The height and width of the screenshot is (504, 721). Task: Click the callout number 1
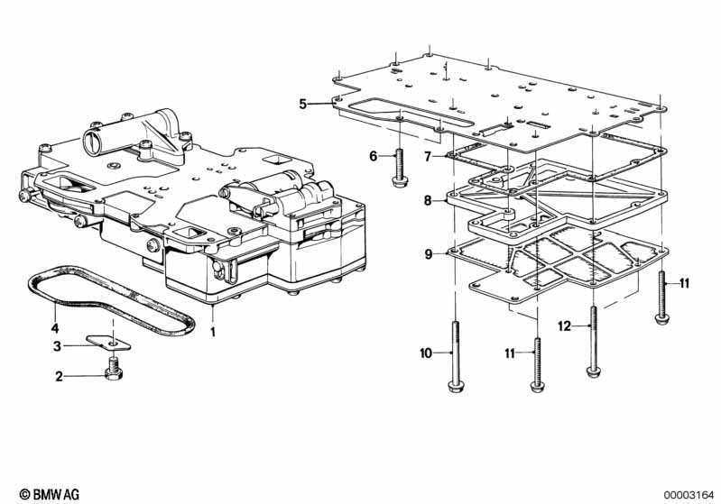point(212,332)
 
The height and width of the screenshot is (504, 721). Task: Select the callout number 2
point(59,377)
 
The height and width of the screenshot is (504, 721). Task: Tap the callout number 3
point(57,346)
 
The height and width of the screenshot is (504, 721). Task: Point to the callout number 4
point(55,328)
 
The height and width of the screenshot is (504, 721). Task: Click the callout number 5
point(302,105)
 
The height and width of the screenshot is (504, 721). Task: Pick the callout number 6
point(374,156)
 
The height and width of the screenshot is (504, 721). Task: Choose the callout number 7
point(428,157)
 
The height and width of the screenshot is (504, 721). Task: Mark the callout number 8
point(428,201)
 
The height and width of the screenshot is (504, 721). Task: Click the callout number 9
point(428,254)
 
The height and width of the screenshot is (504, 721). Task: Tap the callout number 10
point(426,353)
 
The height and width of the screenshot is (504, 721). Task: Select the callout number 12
point(564,326)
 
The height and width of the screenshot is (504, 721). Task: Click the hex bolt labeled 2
point(112,369)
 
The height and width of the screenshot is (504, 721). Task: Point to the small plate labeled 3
point(108,343)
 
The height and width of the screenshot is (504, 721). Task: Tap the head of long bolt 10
point(454,386)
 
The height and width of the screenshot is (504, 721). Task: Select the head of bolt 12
point(594,371)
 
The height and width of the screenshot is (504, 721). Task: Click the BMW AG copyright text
point(50,494)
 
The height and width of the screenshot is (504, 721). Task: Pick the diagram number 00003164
point(689,495)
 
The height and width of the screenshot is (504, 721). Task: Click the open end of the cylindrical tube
point(92,142)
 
